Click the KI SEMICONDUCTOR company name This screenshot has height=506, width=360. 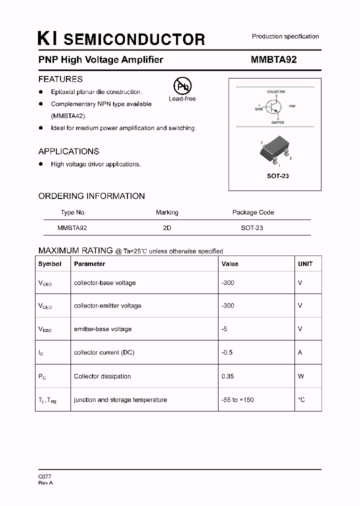(121, 39)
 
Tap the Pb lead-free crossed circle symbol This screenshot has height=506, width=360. (182, 86)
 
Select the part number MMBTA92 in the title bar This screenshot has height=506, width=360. (273, 59)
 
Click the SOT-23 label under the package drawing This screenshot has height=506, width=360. (277, 176)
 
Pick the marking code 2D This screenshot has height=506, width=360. (167, 227)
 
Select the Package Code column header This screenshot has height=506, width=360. (253, 212)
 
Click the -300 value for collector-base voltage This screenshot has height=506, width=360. (227, 282)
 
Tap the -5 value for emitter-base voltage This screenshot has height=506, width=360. (224, 329)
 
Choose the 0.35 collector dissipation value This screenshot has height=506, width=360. (227, 376)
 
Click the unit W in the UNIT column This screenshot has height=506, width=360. (300, 376)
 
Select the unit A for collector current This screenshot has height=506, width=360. (300, 352)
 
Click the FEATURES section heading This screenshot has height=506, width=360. (60, 79)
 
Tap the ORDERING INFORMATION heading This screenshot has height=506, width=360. (91, 196)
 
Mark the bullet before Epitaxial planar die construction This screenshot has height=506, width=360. (41, 92)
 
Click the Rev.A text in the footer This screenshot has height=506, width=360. (45, 483)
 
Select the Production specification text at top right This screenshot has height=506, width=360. (285, 36)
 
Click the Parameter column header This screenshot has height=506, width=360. (89, 263)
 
